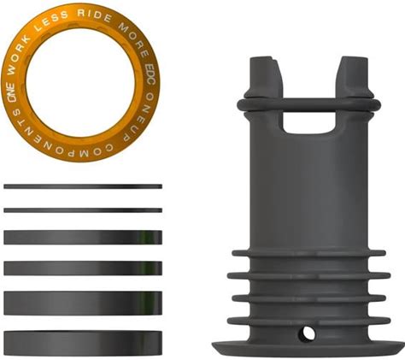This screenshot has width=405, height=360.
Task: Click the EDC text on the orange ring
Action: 150,74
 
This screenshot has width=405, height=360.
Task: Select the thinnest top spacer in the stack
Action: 83,186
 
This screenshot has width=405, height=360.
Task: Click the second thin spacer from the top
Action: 83,210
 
